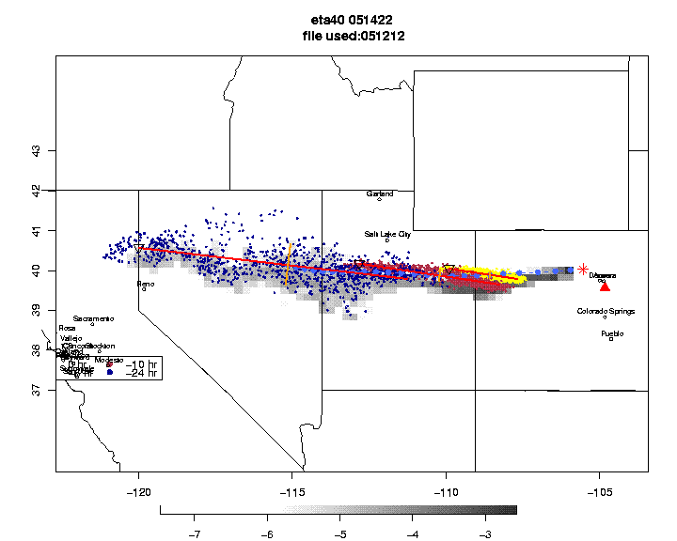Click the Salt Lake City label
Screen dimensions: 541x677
[387, 234]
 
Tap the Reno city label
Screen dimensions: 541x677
[145, 283]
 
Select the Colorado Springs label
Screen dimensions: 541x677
[606, 311]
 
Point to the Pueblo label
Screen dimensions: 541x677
[612, 333]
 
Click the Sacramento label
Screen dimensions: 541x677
[93, 319]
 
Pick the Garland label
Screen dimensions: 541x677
[380, 193]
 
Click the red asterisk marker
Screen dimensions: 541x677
[584, 270]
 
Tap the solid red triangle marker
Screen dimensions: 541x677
[605, 286]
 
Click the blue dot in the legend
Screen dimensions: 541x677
[110, 373]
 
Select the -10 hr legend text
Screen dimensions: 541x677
[141, 363]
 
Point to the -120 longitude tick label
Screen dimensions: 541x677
[139, 491]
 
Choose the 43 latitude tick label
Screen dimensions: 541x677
[36, 150]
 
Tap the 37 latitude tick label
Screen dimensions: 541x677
[36, 390]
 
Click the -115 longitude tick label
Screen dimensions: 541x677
[292, 491]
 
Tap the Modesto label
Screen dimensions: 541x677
[109, 361]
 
